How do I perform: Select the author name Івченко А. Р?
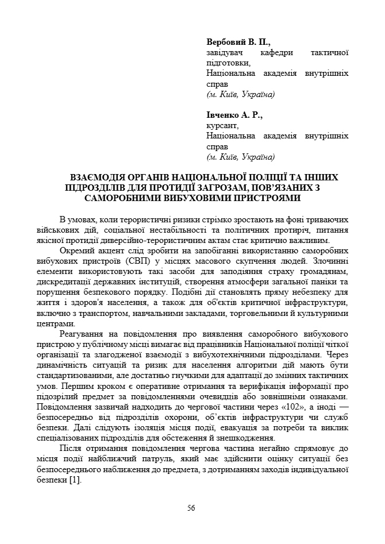[234, 115]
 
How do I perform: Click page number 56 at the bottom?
[191, 508]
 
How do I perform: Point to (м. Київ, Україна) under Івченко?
[240, 156]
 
